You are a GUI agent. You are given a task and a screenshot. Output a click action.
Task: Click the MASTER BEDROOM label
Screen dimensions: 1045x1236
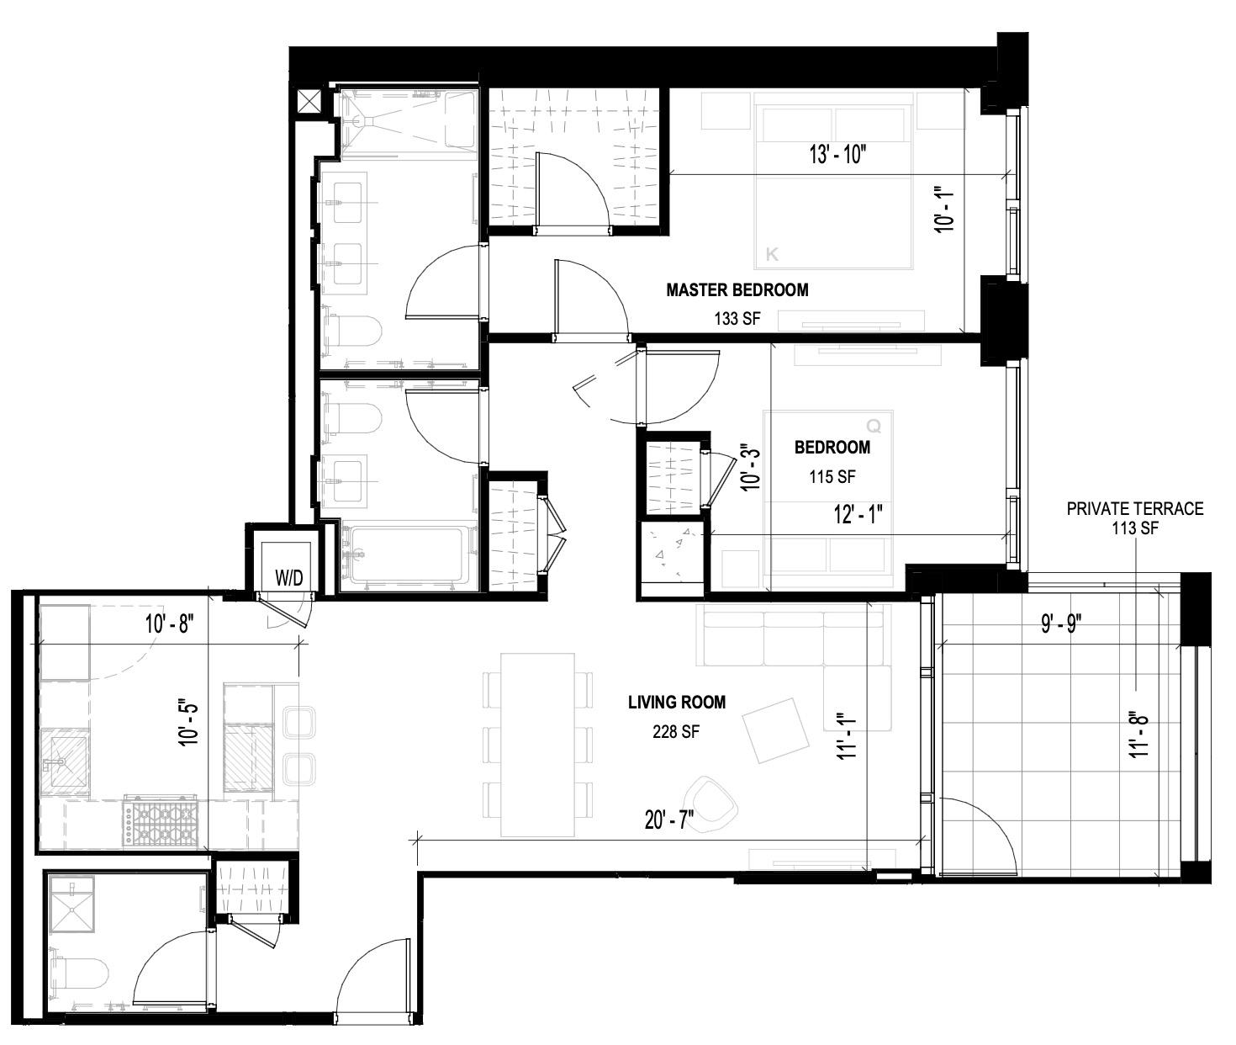(737, 290)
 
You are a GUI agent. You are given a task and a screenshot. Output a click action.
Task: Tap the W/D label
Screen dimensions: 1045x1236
(289, 578)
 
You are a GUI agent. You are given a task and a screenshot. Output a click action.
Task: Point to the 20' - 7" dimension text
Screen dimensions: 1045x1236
(669, 820)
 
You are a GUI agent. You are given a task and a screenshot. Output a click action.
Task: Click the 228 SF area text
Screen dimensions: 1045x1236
(676, 732)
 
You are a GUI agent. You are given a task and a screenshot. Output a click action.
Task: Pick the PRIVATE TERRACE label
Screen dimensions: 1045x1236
(1134, 508)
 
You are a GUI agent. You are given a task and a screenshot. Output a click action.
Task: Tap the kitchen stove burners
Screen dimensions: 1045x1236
(161, 821)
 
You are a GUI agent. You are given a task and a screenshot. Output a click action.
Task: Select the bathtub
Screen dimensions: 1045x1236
(407, 555)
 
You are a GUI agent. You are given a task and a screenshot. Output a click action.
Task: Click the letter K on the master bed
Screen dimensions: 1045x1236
(772, 254)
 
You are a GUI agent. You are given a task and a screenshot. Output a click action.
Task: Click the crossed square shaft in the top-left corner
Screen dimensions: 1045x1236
(310, 102)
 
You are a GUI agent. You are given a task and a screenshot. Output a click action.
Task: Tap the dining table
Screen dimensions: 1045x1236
(538, 744)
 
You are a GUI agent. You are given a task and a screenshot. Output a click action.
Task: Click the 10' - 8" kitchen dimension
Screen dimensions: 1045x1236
(169, 624)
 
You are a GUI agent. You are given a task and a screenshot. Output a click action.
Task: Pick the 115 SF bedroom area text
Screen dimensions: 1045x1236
(832, 477)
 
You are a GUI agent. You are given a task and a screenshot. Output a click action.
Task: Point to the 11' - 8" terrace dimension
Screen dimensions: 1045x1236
(1139, 734)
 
